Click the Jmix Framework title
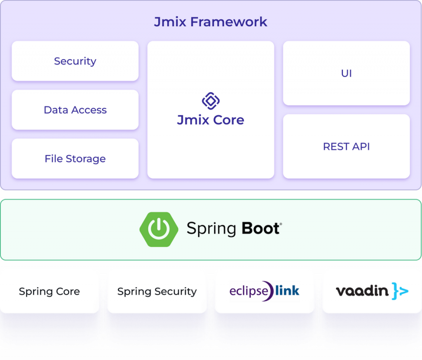(x=211, y=22)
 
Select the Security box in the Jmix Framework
(x=75, y=61)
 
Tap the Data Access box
(x=75, y=110)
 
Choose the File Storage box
(x=75, y=159)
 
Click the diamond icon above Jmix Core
(x=211, y=101)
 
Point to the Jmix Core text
(x=211, y=120)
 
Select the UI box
(x=346, y=73)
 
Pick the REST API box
(x=346, y=147)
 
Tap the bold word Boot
(x=261, y=228)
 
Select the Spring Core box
(x=49, y=291)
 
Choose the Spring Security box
(x=157, y=291)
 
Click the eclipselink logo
(x=264, y=291)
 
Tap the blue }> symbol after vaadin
(x=400, y=291)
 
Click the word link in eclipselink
(x=287, y=290)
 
